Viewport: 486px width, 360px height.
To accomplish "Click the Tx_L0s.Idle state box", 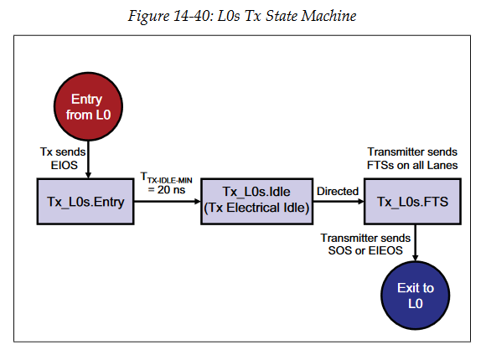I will tap(256, 201).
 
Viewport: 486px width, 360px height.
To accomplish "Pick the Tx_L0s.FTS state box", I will tap(414, 202).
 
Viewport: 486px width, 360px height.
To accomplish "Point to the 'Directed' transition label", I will tap(338, 192).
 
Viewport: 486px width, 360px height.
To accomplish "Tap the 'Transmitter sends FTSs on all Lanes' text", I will tap(412, 158).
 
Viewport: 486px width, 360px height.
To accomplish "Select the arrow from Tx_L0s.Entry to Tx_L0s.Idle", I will tap(167, 202).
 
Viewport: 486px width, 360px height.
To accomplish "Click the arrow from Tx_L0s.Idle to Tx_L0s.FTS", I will tap(337, 202).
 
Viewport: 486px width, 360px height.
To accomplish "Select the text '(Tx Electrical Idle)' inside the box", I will tap(256, 209).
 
